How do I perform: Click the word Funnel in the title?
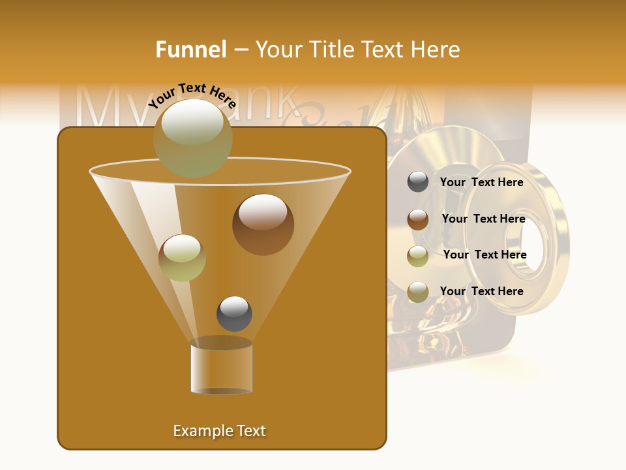point(190,50)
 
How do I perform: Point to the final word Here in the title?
point(435,50)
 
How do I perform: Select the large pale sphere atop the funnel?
point(192,138)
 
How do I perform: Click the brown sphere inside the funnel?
point(263,225)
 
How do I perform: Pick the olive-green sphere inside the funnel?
point(182,257)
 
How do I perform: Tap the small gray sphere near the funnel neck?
point(234,314)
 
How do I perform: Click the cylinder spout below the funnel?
point(221,369)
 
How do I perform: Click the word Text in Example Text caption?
point(251,431)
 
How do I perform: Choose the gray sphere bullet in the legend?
point(418,182)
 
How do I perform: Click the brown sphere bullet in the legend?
point(418,219)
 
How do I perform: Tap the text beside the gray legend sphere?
point(481,182)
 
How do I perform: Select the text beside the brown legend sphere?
point(483,219)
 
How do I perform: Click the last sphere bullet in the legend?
point(418,292)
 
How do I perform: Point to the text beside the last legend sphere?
point(481,291)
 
